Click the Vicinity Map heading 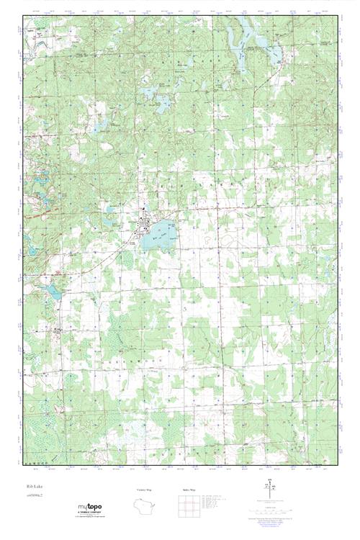point(144,489)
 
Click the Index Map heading point(188,489)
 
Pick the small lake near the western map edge point(53,292)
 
